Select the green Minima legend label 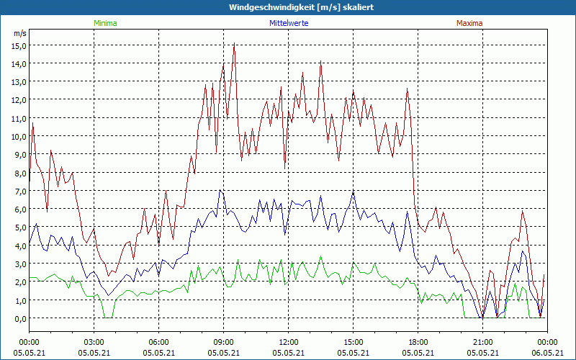(104, 23)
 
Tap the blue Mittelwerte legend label (290, 23)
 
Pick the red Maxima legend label (469, 23)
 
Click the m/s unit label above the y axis (19, 33)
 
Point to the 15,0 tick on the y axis (19, 45)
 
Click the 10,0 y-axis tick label (19, 136)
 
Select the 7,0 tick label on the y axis (19, 191)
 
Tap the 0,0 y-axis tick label (19, 318)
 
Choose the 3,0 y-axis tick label (19, 264)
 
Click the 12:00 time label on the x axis (289, 342)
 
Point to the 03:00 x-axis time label (94, 342)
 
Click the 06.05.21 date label (547, 353)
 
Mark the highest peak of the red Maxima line (234, 44)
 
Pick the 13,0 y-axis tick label (19, 81)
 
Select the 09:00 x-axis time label (224, 342)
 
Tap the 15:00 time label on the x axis (354, 342)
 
